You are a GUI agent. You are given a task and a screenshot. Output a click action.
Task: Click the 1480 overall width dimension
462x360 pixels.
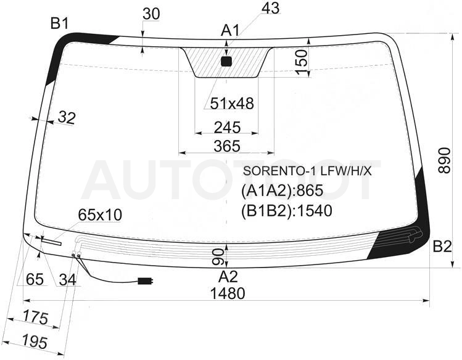[228, 293]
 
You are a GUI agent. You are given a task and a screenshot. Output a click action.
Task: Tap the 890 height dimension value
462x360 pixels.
[444, 160]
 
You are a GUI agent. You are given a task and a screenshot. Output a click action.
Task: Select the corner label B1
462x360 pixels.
[60, 23]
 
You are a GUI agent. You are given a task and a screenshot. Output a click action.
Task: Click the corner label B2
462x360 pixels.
[442, 246]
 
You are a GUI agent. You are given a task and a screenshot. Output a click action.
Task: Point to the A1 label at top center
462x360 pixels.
[230, 30]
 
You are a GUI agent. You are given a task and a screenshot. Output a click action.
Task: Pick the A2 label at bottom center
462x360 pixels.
[228, 277]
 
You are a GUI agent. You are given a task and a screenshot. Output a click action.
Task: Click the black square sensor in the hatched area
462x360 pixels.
[226, 61]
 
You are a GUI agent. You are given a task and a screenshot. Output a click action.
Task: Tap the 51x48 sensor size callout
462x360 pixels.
[232, 104]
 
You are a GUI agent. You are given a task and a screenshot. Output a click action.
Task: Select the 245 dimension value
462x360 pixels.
[227, 128]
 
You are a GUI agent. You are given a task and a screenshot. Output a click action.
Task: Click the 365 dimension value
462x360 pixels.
[227, 146]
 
